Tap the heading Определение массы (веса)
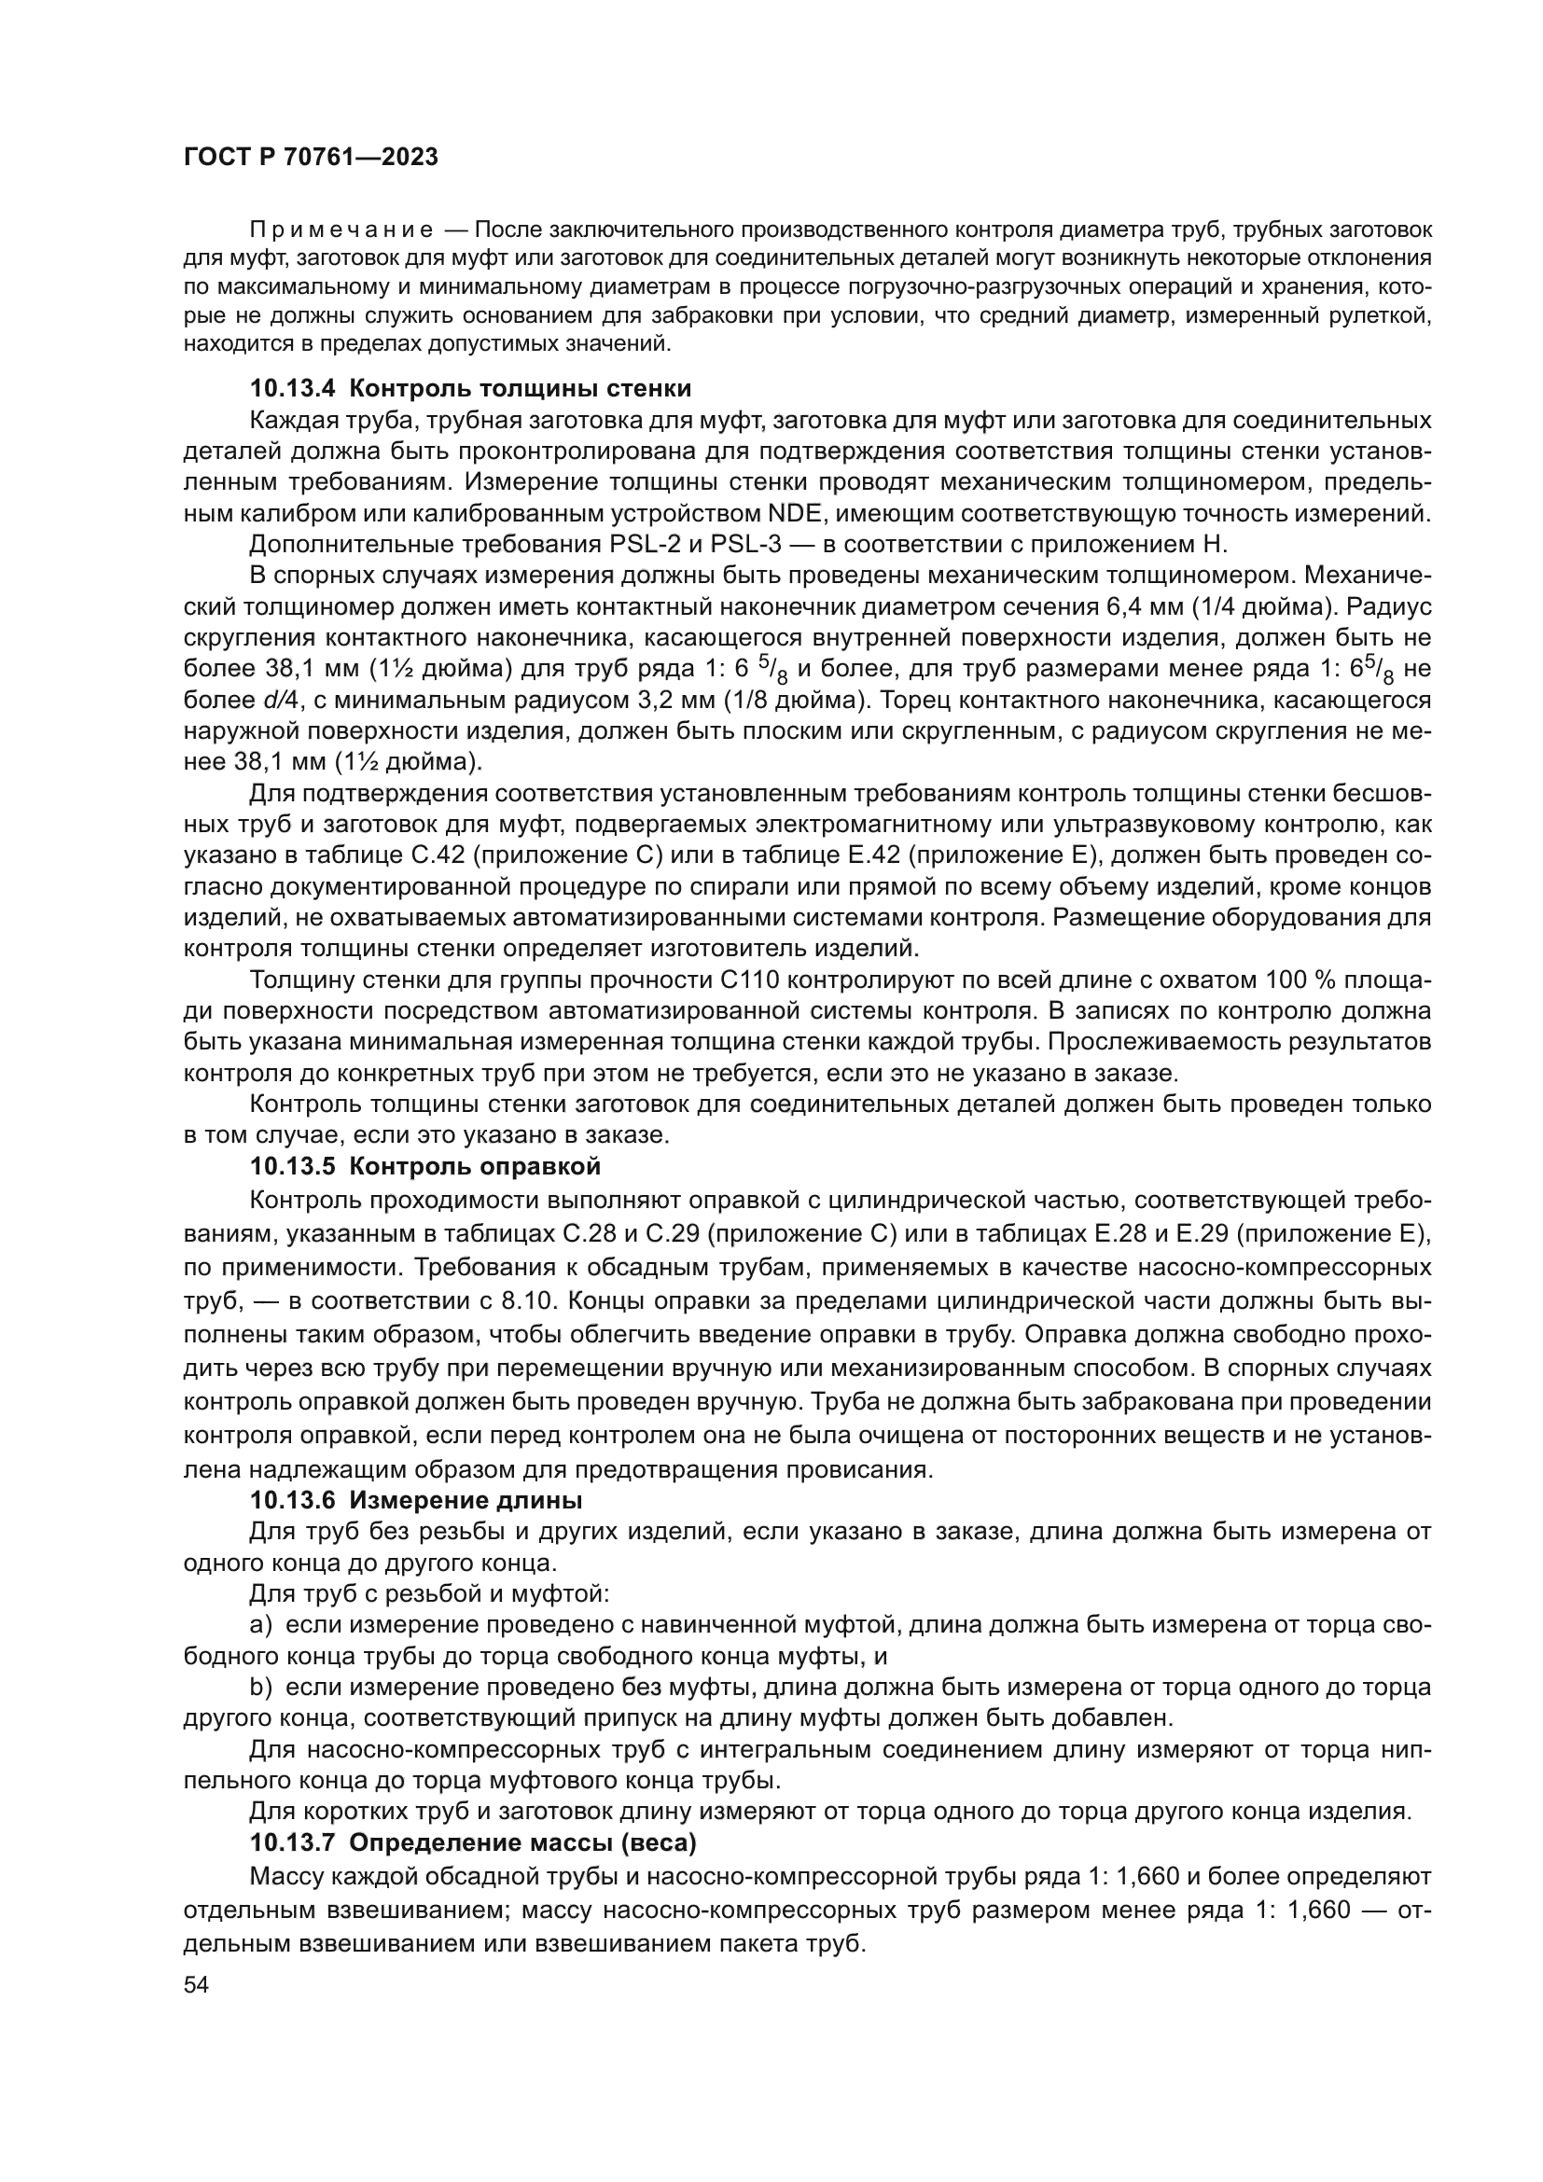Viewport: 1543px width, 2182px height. (521, 1842)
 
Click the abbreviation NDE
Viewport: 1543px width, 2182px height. (792, 514)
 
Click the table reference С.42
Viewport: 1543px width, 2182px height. (437, 855)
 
